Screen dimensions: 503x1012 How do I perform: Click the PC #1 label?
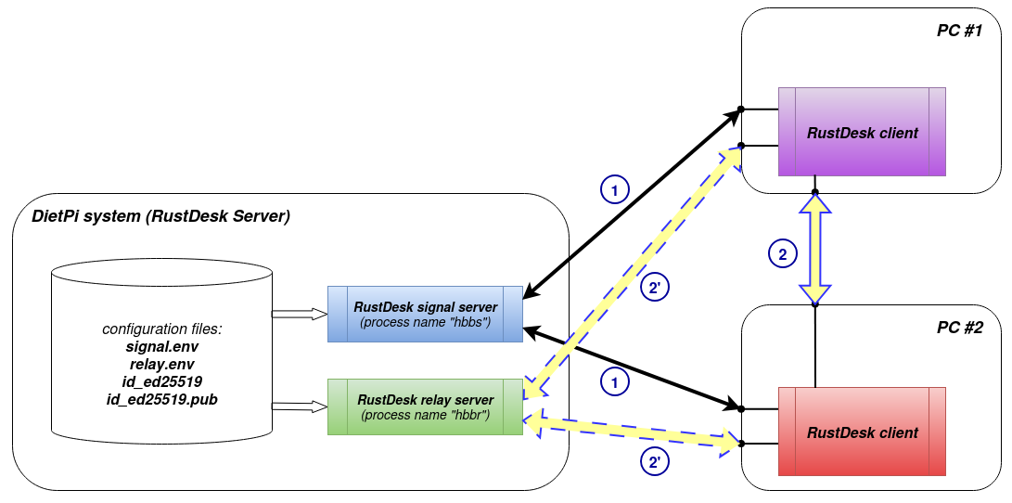tap(958, 31)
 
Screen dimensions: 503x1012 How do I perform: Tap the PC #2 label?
tap(958, 328)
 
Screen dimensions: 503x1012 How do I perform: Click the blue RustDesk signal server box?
tap(425, 314)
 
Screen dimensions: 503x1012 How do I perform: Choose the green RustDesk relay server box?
tap(425, 406)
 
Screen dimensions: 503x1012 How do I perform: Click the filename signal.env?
tap(162, 347)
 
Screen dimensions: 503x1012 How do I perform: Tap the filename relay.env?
tap(162, 364)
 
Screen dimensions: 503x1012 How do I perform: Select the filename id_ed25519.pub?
tap(162, 398)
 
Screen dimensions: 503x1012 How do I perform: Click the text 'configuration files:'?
tap(162, 329)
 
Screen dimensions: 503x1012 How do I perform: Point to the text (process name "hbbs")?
tap(425, 322)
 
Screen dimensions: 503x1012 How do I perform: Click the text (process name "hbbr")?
tap(425, 414)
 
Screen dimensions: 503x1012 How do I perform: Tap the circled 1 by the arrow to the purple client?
tap(613, 189)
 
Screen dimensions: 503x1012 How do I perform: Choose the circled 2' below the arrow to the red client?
tap(654, 460)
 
